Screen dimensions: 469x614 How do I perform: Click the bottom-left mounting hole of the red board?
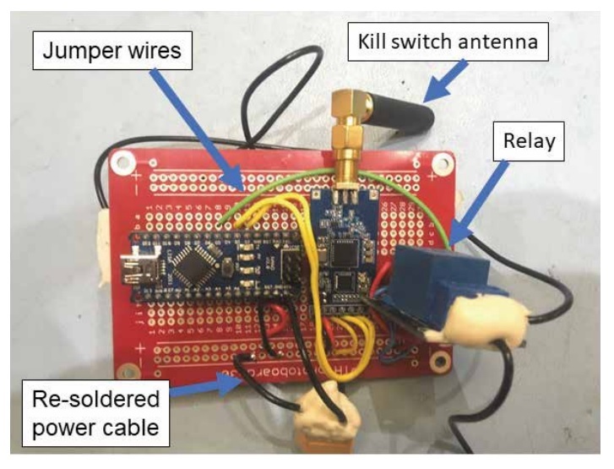[x=129, y=369]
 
